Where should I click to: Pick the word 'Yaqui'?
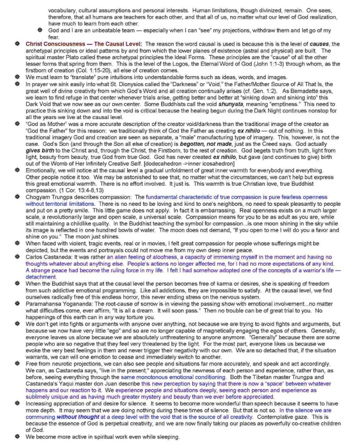coord(65,391)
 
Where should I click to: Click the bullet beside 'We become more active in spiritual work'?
coord(18,437)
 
